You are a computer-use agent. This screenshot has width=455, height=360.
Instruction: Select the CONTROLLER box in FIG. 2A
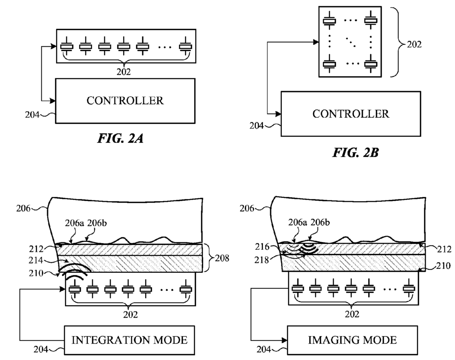pos(125,100)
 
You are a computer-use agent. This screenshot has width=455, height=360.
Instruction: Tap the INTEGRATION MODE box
pos(130,340)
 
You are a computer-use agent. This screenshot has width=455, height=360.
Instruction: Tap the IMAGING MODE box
pos(352,340)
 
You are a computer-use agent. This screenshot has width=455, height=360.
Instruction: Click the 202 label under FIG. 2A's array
pos(125,71)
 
